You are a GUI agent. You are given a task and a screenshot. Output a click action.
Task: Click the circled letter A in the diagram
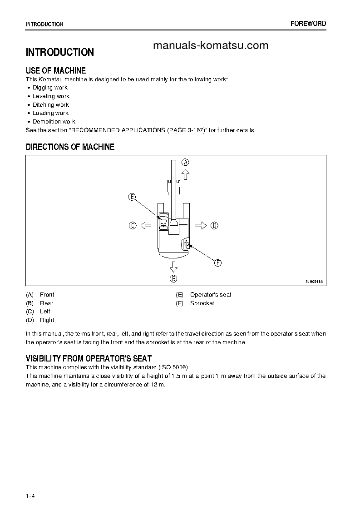[185, 162]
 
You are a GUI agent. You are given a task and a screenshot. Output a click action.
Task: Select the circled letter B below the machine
[173, 279]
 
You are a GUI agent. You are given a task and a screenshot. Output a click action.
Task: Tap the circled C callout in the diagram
[133, 225]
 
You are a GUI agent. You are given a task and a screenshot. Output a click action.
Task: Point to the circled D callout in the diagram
[214, 225]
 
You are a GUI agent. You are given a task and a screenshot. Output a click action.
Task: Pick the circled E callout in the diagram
[132, 197]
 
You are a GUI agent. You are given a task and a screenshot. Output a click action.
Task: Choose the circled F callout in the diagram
[217, 263]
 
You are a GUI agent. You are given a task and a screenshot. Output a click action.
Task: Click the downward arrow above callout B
[173, 267]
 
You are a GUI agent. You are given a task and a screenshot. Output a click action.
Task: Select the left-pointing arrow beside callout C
[146, 225]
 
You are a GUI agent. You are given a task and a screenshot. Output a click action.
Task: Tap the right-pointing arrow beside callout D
[201, 225]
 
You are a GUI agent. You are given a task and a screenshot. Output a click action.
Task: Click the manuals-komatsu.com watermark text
[211, 45]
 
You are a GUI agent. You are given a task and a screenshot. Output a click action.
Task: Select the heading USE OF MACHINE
[56, 71]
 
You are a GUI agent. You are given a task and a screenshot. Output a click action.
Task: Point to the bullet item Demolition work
[54, 122]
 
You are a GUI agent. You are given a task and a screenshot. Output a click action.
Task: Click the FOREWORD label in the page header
[308, 24]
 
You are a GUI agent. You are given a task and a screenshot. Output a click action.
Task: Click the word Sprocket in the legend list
[202, 303]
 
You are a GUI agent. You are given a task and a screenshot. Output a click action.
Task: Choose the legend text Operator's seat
[211, 295]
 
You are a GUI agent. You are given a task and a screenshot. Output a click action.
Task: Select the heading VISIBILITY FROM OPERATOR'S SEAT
[89, 359]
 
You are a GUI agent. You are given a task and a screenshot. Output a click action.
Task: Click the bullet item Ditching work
[51, 105]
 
